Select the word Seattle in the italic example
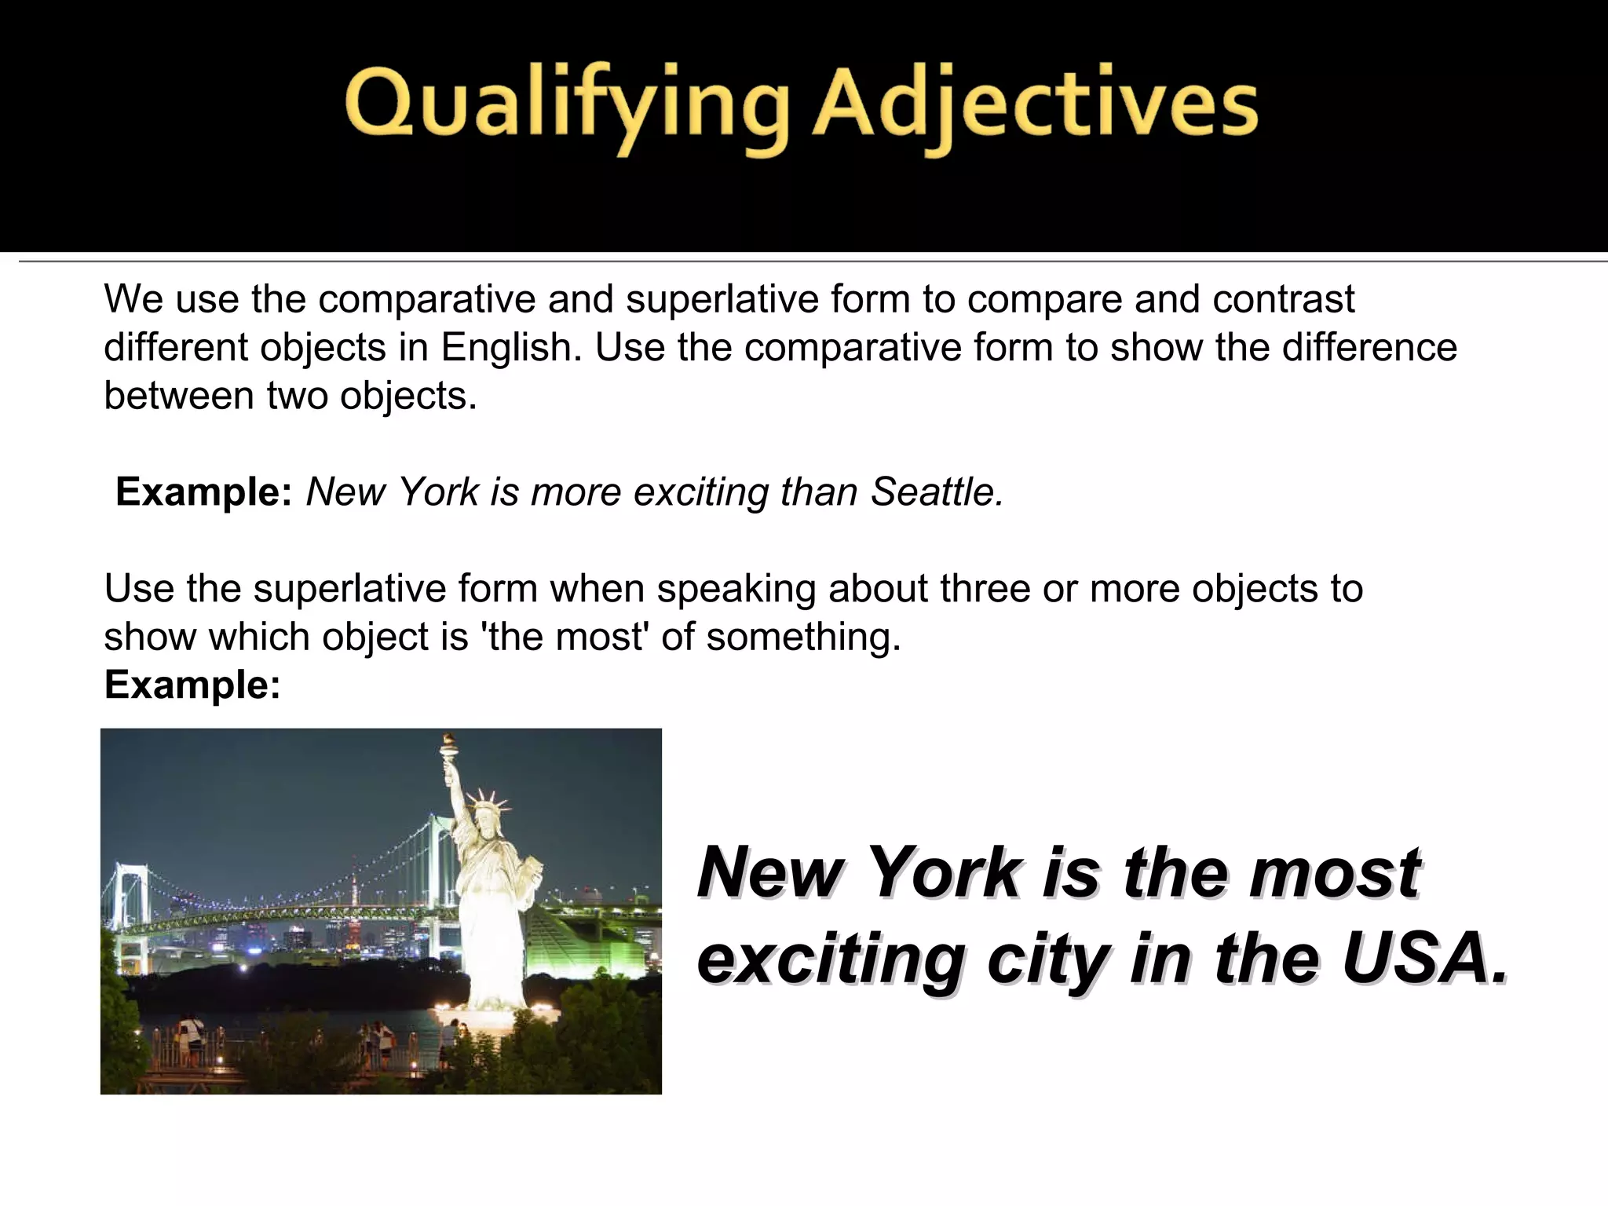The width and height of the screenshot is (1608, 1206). pos(937,492)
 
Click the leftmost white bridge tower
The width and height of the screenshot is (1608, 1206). pos(125,903)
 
